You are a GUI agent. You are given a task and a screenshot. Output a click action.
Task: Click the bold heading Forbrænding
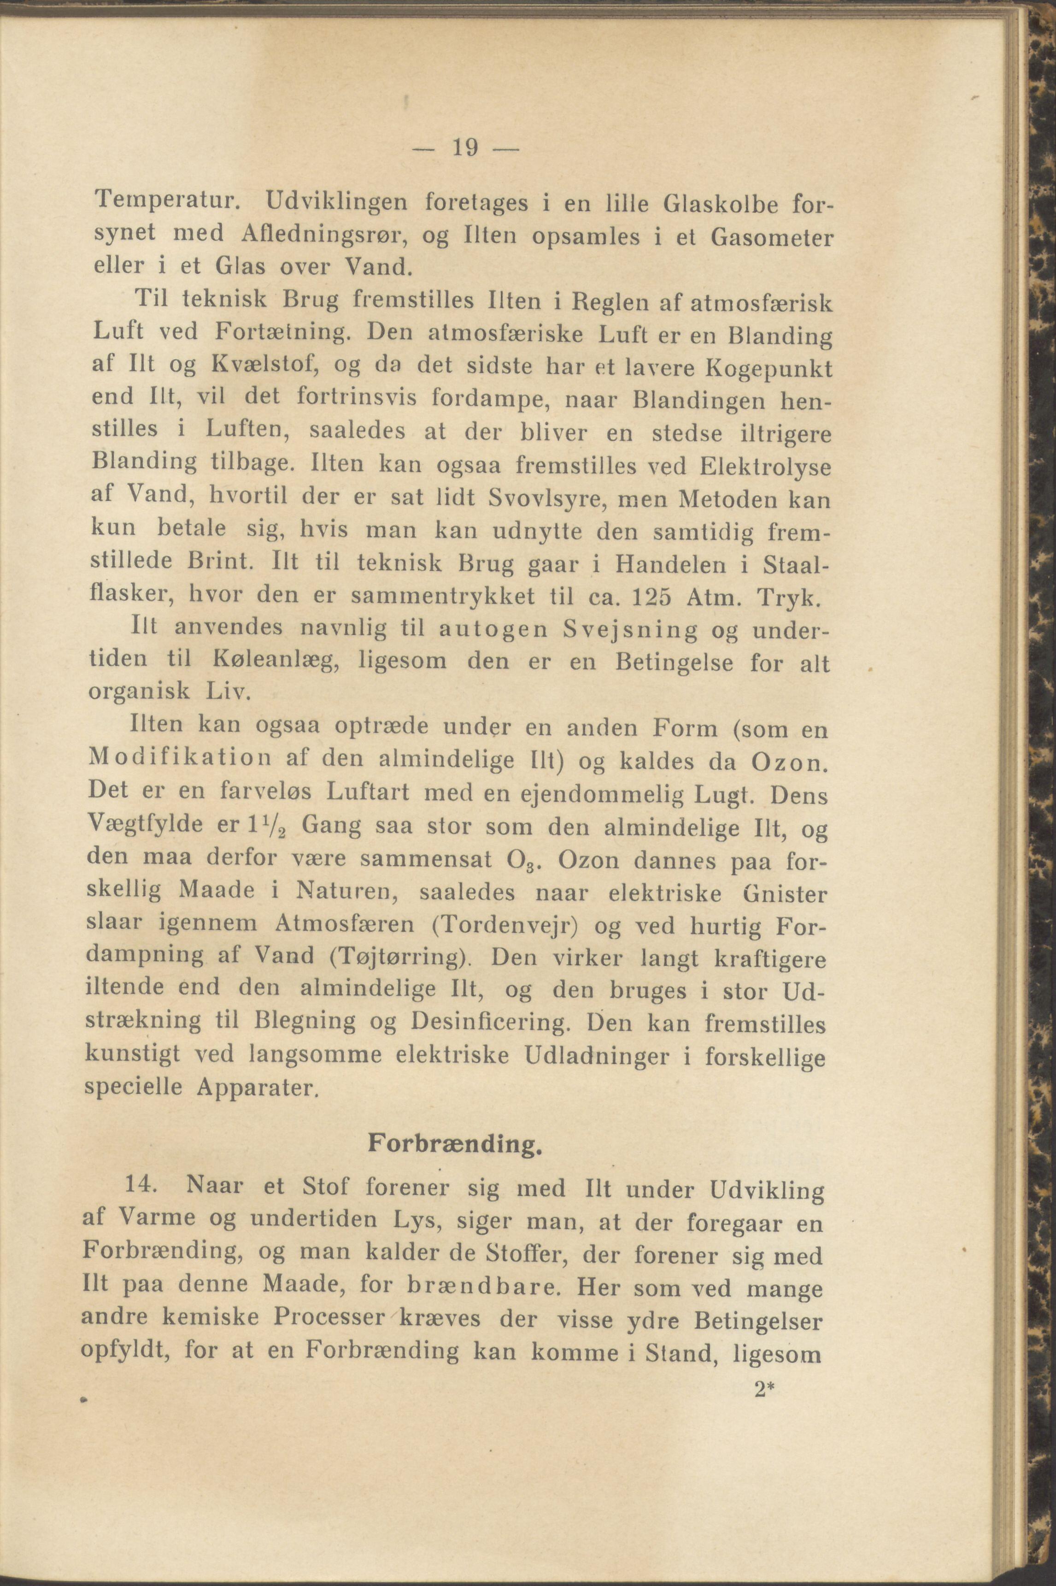pyautogui.click(x=455, y=1146)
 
